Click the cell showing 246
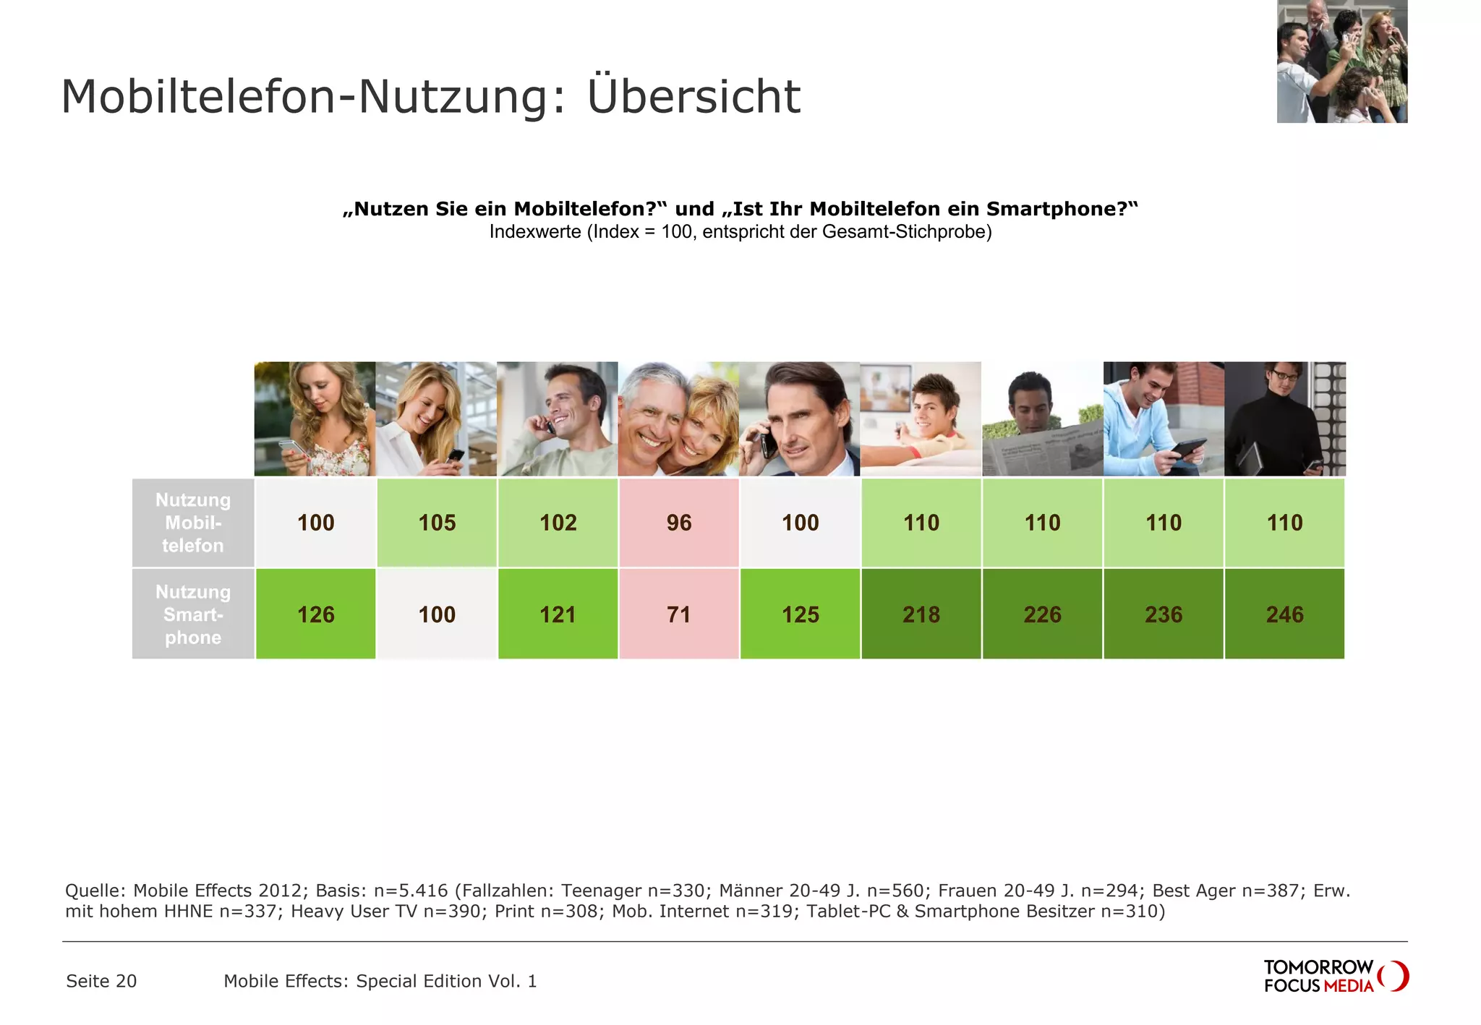1284,614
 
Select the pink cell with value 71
678,614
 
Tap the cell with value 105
437,523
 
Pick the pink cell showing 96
678,523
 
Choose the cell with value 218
921,614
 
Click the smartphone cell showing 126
316,614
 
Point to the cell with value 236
1163,614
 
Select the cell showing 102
558,523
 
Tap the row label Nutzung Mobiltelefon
193,523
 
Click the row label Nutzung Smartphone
193,614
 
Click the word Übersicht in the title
693,97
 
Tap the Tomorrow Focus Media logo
1335,976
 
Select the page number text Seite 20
101,981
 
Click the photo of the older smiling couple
678,419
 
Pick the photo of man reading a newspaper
1042,419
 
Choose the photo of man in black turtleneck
1284,419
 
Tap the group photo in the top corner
1341,61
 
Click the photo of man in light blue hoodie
1163,419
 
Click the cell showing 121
558,614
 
